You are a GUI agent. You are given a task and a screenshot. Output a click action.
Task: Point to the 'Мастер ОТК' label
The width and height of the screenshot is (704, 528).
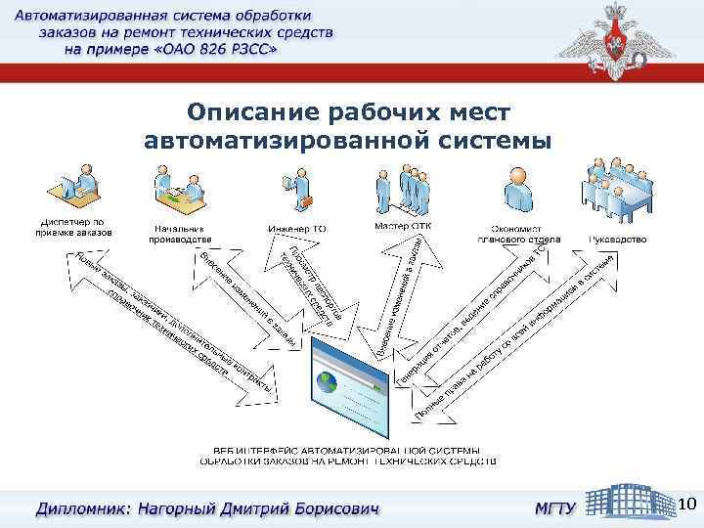tap(402, 226)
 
